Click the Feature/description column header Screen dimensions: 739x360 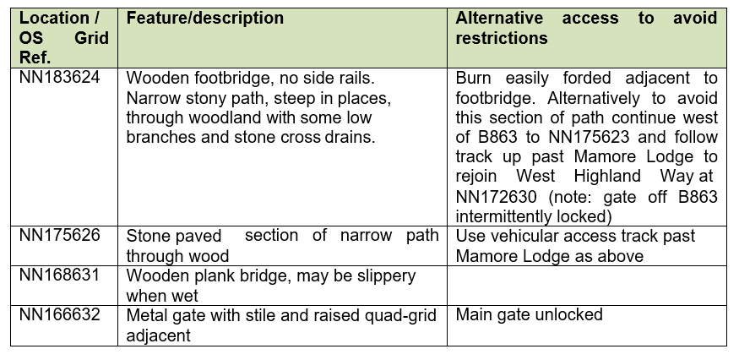pyautogui.click(x=205, y=19)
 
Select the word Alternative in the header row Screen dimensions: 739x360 pyautogui.click(x=499, y=19)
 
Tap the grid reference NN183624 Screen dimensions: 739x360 pyautogui.click(x=59, y=76)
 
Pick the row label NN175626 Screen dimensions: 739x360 pyautogui.click(x=59, y=234)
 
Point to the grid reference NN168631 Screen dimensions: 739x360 pyautogui.click(x=59, y=274)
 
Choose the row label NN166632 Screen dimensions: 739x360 pyautogui.click(x=59, y=314)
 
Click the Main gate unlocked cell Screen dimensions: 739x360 pyautogui.click(x=529, y=314)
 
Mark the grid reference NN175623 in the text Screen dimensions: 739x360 pyautogui.click(x=589, y=137)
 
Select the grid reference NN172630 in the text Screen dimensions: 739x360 pyautogui.click(x=496, y=196)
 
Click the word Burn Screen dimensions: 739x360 pyautogui.click(x=473, y=78)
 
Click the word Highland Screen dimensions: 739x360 pyautogui.click(x=607, y=176)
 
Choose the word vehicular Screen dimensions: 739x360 pyautogui.click(x=521, y=236)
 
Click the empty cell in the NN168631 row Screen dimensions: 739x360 pyautogui.click(x=587, y=286)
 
